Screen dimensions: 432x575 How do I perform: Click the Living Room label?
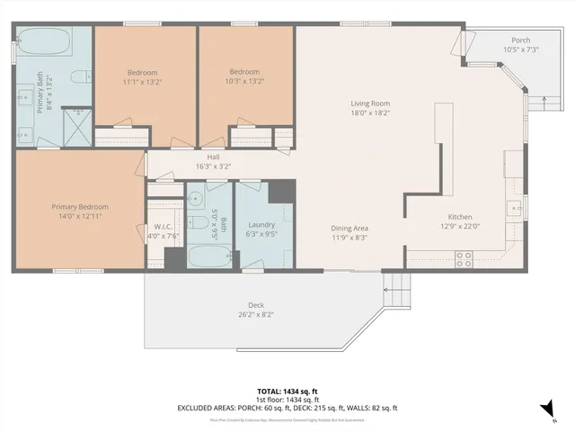(369, 103)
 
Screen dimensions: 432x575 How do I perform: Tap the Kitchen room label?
(459, 217)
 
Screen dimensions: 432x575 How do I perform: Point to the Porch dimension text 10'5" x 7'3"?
(520, 49)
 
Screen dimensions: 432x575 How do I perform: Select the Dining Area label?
(349, 228)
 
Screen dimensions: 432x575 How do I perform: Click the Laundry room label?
(261, 224)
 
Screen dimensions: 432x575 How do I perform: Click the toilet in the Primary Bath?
(78, 76)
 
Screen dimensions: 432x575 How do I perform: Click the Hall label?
(213, 157)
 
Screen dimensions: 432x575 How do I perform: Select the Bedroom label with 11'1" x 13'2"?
(142, 72)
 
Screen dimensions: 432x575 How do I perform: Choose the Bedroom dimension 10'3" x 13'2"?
(244, 81)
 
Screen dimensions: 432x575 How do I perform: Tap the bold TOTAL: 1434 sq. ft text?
(287, 391)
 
